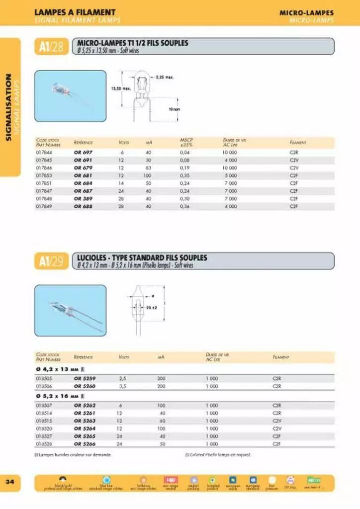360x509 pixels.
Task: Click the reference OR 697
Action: tap(83, 153)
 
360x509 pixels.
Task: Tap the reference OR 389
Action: tap(83, 198)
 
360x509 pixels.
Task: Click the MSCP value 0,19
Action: tap(185, 168)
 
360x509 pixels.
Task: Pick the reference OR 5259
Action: tap(85, 378)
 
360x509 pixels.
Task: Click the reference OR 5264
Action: tap(85, 428)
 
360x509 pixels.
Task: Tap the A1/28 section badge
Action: tap(51, 47)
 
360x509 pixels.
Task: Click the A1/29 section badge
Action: tap(51, 261)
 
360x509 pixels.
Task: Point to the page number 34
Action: tap(10, 482)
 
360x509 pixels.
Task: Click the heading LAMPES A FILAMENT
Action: tap(75, 12)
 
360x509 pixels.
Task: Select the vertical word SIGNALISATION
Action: tap(8, 107)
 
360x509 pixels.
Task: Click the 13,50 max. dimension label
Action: tap(120, 88)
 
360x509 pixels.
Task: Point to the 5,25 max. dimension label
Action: tap(164, 78)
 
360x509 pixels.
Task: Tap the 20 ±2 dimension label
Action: tap(152, 308)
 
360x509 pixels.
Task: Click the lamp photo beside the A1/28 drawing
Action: tap(70, 89)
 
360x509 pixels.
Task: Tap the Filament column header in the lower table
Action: tap(282, 357)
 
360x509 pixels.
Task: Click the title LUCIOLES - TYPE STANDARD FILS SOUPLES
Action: tap(142, 257)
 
